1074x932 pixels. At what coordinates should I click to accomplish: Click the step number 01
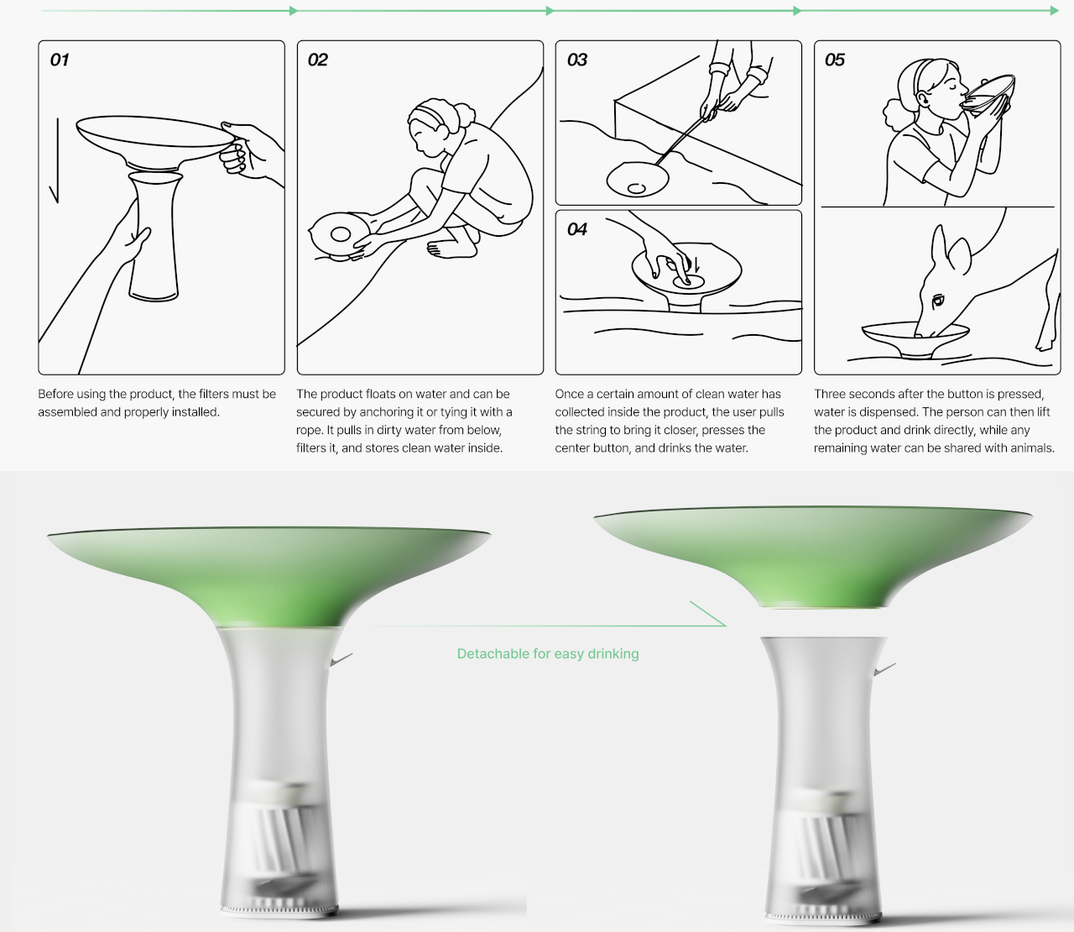click(60, 60)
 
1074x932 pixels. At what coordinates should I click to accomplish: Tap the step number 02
click(318, 60)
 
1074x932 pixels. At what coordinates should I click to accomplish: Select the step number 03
click(577, 60)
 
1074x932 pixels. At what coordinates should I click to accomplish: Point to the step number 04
click(577, 229)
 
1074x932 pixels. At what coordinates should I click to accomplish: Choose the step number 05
click(835, 60)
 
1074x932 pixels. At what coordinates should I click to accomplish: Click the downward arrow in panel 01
click(55, 160)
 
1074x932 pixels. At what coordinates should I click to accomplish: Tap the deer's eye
click(938, 301)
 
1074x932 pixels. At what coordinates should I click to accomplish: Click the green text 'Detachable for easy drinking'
click(548, 654)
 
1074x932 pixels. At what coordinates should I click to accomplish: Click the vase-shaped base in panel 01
click(154, 237)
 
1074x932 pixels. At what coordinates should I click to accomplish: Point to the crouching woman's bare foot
click(451, 249)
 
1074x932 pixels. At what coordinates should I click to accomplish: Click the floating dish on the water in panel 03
click(638, 180)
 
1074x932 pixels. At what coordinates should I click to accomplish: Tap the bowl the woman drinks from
click(988, 92)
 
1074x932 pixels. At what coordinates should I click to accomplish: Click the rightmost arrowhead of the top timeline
click(1055, 10)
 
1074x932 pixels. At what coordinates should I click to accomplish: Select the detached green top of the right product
click(813, 556)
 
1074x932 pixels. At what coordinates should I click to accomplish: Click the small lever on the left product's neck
click(341, 659)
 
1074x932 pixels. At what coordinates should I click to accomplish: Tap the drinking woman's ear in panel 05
click(923, 97)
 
